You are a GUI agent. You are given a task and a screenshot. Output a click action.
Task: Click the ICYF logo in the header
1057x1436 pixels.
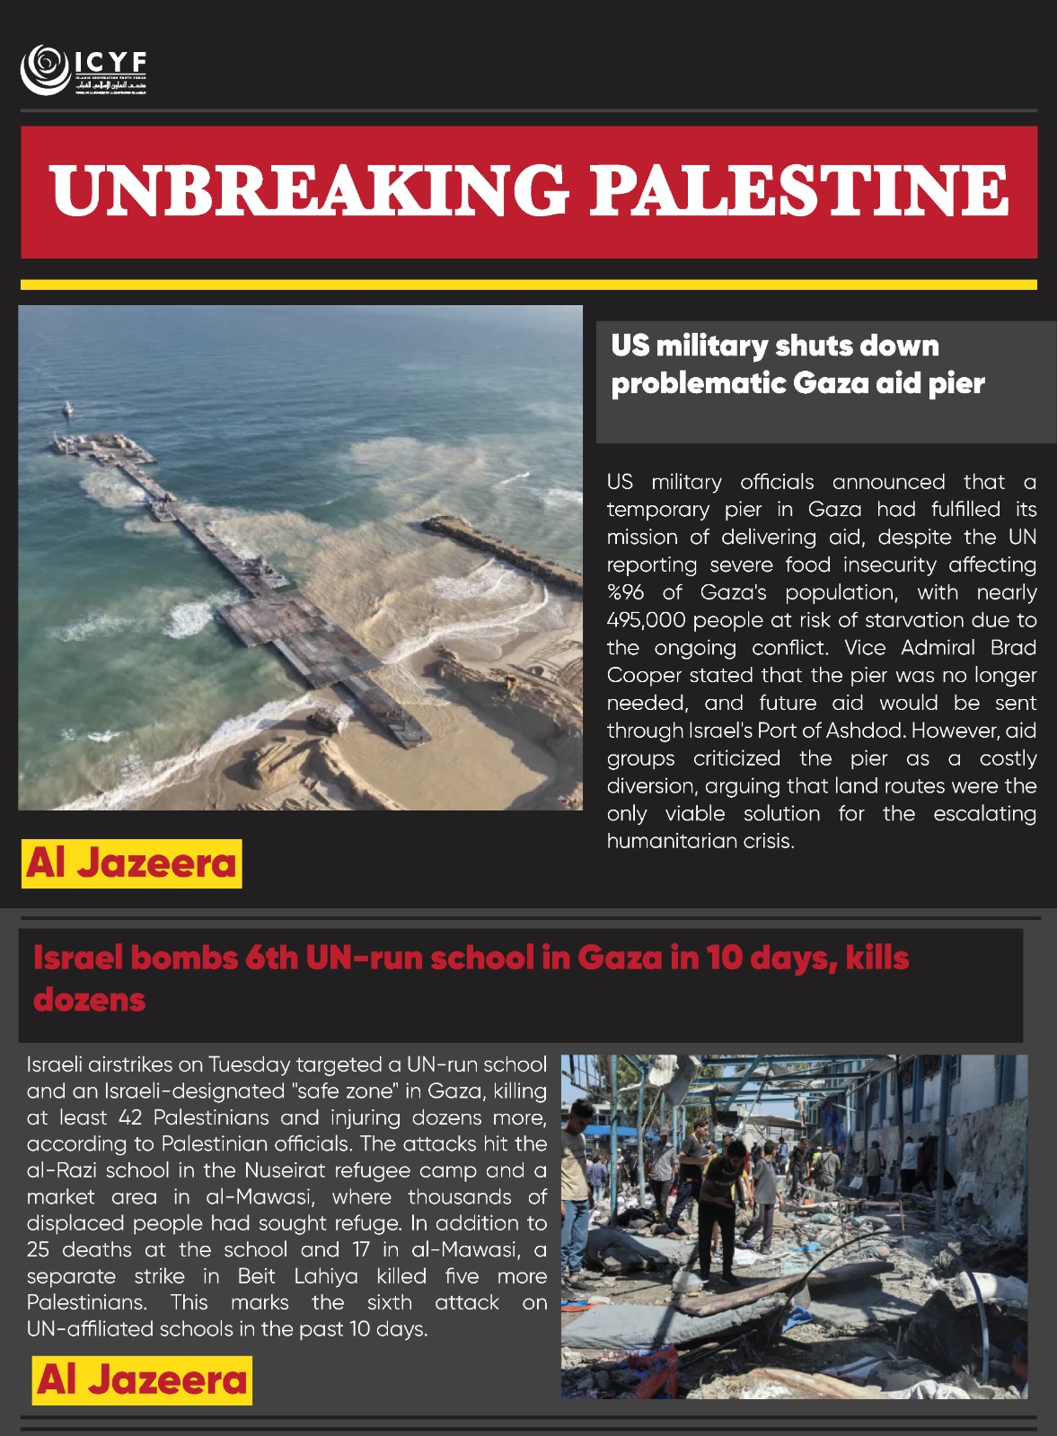pos(83,69)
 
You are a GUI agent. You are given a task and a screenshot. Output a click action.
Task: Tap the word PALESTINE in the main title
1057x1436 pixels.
pos(798,190)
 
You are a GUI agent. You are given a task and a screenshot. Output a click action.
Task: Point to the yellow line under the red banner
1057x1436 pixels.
pos(528,285)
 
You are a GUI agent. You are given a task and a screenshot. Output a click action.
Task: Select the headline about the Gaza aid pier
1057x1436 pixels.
pos(797,364)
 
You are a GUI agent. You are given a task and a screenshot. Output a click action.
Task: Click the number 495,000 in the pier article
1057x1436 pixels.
pos(647,620)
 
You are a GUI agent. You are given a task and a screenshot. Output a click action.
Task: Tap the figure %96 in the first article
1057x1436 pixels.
pos(625,592)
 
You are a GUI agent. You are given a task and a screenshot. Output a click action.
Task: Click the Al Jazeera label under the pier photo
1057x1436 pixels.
pos(131,863)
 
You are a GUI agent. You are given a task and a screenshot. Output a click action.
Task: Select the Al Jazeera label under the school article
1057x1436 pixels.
pos(142,1379)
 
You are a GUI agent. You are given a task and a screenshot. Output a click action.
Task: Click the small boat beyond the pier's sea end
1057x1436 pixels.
pos(66,410)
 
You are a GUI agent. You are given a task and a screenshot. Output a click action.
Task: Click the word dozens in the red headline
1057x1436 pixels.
pos(89,999)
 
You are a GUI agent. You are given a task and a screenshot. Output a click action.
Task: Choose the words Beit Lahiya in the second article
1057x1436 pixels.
pos(297,1276)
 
